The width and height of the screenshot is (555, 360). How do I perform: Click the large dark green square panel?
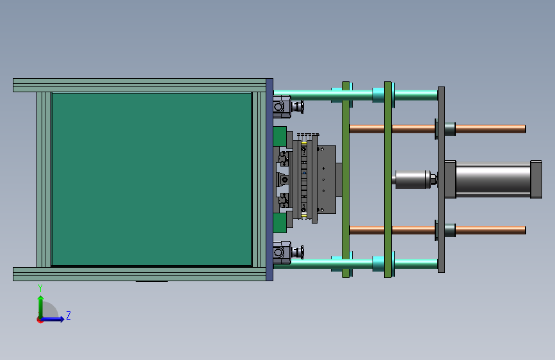coord(152,179)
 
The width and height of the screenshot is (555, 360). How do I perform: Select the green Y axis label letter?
coord(40,288)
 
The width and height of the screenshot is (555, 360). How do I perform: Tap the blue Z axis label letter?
coord(68,315)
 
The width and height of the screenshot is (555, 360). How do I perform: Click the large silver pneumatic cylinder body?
coord(493,179)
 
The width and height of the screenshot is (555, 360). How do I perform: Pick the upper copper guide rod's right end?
coord(525,129)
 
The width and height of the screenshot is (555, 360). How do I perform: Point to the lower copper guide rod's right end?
coord(525,230)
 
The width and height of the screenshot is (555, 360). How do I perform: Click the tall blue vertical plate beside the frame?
coord(269,179)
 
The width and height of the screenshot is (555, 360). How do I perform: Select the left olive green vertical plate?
coord(346,179)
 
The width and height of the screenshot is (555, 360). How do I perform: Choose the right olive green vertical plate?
coord(388,179)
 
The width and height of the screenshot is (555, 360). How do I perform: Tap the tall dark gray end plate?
coord(441,179)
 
